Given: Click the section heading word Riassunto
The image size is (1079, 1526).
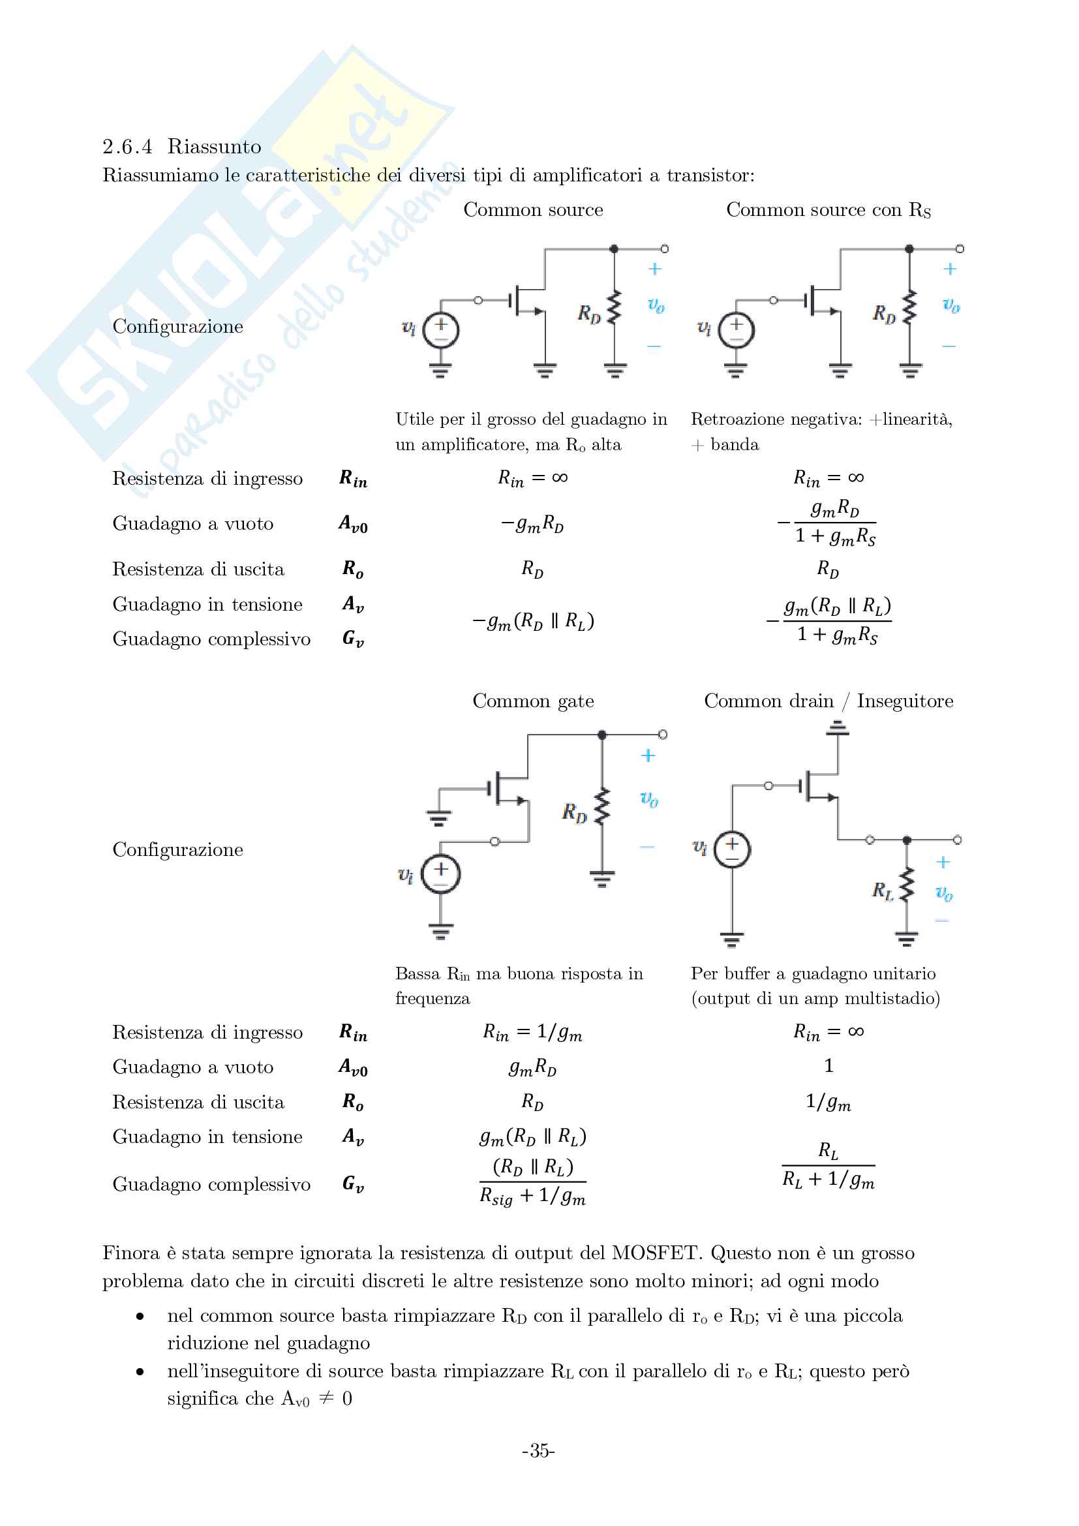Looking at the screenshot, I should [214, 146].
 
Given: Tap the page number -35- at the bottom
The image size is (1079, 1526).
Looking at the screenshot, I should [538, 1450].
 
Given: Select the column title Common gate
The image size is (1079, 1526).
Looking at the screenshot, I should [533, 701].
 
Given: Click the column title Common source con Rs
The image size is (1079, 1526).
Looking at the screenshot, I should [828, 210].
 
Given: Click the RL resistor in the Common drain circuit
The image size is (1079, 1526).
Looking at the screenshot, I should [906, 885].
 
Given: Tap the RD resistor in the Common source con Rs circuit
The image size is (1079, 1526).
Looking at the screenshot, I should [909, 307].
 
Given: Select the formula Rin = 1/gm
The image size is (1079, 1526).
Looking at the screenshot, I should [532, 1031].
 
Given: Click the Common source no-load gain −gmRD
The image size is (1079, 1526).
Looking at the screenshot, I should [532, 525].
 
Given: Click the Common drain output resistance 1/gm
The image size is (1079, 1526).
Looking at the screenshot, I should [828, 1102].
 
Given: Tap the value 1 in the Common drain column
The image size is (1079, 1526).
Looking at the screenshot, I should [828, 1066].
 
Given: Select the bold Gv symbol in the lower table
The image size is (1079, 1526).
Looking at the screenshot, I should [353, 1183].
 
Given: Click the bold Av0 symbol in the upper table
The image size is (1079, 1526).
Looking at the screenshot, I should [353, 525].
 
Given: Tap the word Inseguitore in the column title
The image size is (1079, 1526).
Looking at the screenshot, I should [904, 701].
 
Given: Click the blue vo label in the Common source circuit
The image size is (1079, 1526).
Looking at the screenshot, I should [656, 305].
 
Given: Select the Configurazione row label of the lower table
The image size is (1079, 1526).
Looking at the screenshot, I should [177, 849].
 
